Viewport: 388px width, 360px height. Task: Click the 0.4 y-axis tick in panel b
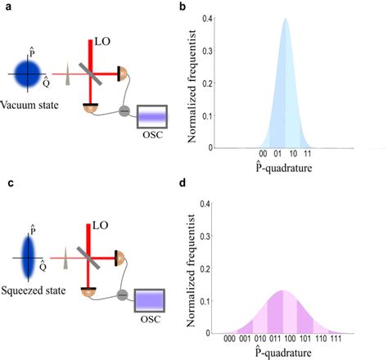point(210,18)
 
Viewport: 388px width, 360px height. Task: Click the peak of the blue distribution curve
point(285,20)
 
